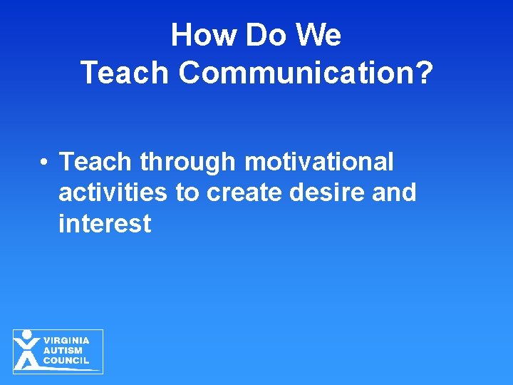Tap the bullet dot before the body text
[44, 163]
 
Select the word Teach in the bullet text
[96, 162]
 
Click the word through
[188, 163]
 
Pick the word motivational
[318, 162]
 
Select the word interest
[105, 224]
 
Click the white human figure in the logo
[27, 350]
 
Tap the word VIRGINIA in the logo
[66, 341]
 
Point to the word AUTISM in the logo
[63, 350]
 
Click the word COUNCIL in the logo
[66, 360]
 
